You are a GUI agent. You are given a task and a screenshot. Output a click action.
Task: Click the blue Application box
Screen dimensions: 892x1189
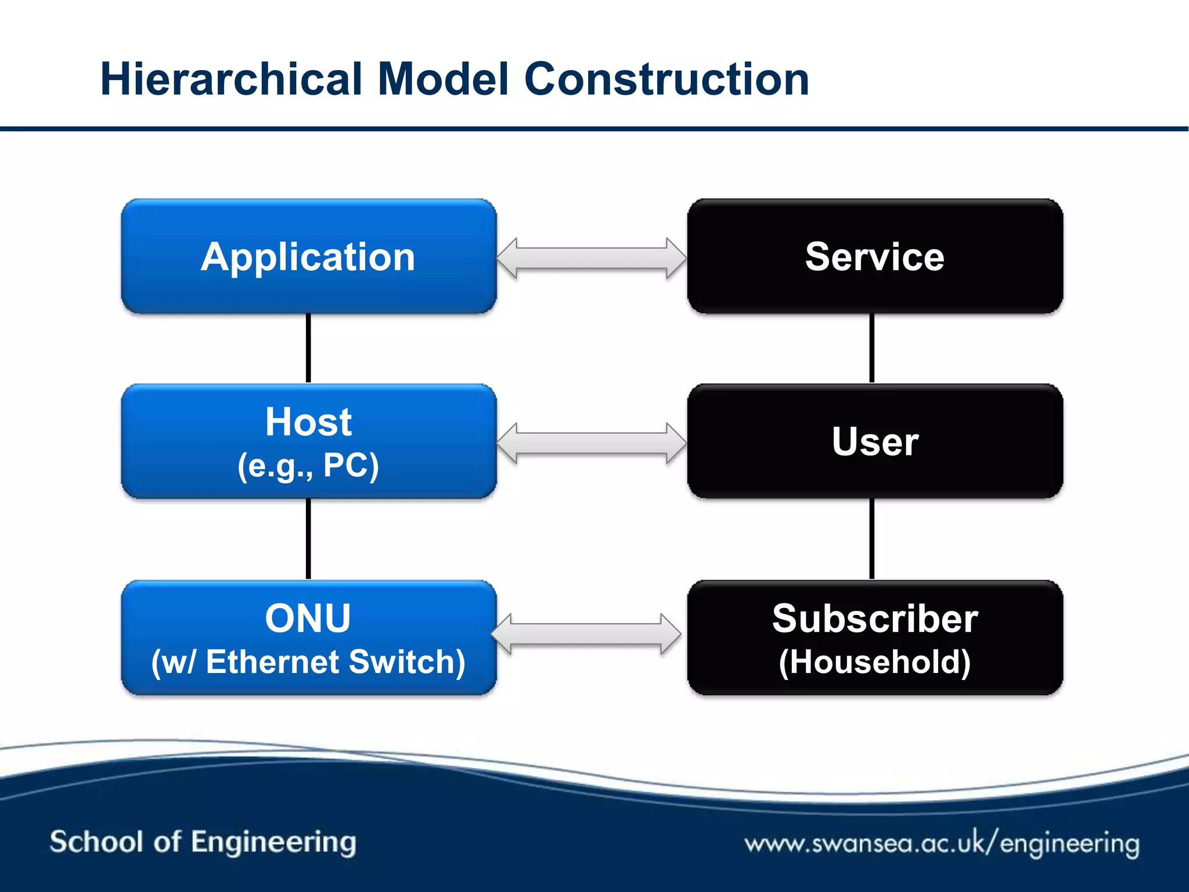(308, 256)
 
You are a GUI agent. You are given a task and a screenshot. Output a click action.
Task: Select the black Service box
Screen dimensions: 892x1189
(875, 256)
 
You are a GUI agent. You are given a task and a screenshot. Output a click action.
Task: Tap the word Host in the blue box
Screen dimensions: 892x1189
(308, 422)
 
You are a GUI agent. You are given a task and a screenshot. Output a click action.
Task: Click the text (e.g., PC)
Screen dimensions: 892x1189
(308, 466)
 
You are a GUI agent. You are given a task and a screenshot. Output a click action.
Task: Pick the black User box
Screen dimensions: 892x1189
(875, 441)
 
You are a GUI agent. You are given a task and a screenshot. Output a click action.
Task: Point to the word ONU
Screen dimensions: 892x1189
(308, 618)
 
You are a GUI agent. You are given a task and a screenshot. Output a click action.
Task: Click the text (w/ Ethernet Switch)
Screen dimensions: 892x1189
(308, 662)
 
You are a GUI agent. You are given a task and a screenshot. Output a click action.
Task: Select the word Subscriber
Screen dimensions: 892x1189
(875, 618)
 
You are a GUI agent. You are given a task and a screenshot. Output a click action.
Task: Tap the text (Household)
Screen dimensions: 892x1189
(875, 662)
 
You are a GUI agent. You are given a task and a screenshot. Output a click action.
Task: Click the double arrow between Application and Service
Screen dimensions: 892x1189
(592, 258)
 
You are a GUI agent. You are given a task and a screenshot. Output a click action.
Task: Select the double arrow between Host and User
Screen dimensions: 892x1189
(592, 443)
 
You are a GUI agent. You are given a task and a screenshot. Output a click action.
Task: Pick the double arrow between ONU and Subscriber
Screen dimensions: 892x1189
(586, 634)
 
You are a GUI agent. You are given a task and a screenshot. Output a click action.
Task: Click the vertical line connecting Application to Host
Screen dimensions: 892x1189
(308, 348)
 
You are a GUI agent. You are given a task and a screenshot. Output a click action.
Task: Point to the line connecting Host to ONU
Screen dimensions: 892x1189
(308, 538)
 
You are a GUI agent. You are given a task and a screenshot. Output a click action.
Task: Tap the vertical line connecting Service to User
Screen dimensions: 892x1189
(872, 348)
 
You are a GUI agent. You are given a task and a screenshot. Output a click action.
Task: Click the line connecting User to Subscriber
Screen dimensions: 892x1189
(872, 538)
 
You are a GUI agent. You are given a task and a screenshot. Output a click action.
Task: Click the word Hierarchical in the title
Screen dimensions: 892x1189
(231, 79)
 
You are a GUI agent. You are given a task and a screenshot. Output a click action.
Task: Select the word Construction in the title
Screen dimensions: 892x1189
(666, 79)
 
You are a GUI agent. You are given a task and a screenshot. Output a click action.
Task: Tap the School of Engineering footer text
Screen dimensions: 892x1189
(203, 843)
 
